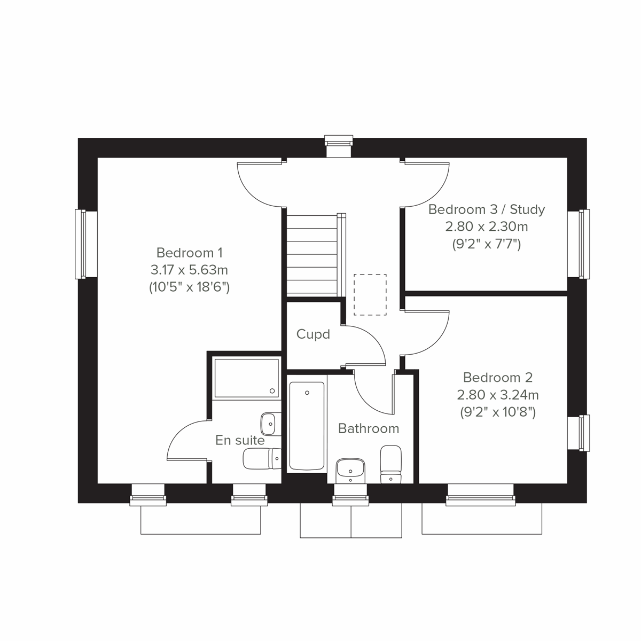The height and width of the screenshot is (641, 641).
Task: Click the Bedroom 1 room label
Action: pyautogui.click(x=189, y=252)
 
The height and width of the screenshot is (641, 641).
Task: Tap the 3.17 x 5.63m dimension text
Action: pyautogui.click(x=189, y=270)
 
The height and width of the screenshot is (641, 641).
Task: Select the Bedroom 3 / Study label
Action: pyautogui.click(x=487, y=209)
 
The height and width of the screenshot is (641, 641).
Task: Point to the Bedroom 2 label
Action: pyautogui.click(x=497, y=378)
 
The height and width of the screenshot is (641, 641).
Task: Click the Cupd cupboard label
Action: pyautogui.click(x=313, y=334)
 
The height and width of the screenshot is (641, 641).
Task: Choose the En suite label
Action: pyautogui.click(x=240, y=440)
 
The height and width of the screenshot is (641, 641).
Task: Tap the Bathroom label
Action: pyautogui.click(x=369, y=428)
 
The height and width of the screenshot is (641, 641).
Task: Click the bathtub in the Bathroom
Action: pyautogui.click(x=307, y=426)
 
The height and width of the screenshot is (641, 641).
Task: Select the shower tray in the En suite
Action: pyautogui.click(x=246, y=378)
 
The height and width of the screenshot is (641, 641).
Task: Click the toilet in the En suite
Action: pyautogui.click(x=262, y=458)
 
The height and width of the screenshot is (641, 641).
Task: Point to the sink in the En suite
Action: pyautogui.click(x=268, y=424)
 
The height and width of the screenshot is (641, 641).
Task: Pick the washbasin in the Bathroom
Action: pyautogui.click(x=350, y=470)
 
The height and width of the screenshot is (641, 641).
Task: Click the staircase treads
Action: pyautogui.click(x=312, y=254)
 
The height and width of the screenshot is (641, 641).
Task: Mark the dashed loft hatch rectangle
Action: pyautogui.click(x=370, y=294)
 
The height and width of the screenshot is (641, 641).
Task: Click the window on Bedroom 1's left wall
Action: pyautogui.click(x=81, y=244)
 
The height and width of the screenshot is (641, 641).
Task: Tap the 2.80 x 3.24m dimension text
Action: pyautogui.click(x=497, y=395)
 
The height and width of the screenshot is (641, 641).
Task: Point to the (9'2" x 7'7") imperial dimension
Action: pyautogui.click(x=487, y=245)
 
